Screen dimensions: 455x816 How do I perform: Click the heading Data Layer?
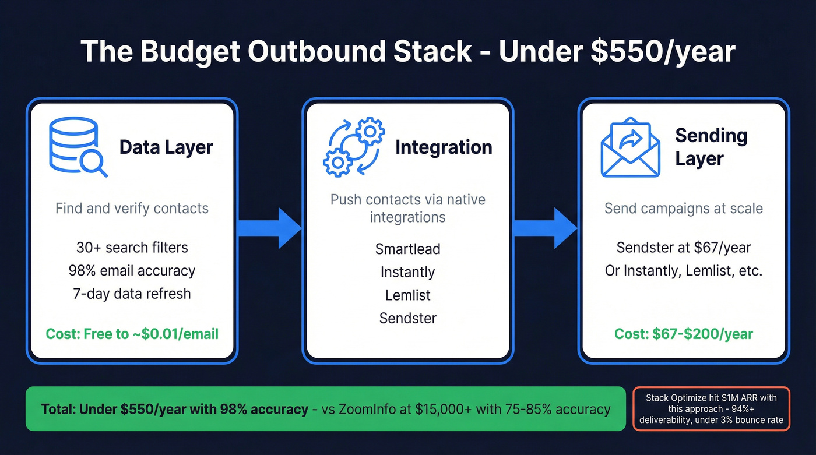coord(166,147)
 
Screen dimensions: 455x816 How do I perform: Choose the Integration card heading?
coord(444,147)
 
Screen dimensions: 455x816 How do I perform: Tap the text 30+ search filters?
coord(132,247)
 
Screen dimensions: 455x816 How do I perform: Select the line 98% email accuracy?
coord(132,270)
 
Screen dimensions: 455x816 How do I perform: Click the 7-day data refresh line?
coord(132,293)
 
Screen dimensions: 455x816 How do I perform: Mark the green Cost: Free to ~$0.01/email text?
coord(132,334)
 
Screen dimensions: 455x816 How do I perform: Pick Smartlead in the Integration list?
coord(407,249)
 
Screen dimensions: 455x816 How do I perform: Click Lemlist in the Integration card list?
coord(407,295)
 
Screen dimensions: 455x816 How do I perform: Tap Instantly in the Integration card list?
coord(407,272)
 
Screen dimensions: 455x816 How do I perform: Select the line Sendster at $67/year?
coord(684,247)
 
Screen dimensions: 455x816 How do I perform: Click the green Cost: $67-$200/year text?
coord(684,334)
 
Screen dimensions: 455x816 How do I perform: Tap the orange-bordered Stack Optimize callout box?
coord(711,408)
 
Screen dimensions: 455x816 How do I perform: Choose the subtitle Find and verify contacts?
coord(132,208)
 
